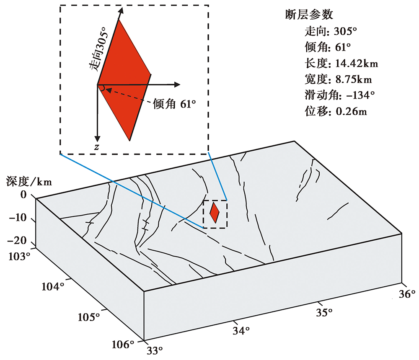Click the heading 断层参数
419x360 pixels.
click(308, 15)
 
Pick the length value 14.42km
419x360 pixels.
click(357, 63)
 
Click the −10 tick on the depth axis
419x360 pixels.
click(18, 218)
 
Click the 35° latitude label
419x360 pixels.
click(324, 311)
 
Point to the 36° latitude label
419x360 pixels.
click(406, 293)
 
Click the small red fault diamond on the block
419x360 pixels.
click(215, 213)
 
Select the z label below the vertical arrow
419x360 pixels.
click(96, 147)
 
